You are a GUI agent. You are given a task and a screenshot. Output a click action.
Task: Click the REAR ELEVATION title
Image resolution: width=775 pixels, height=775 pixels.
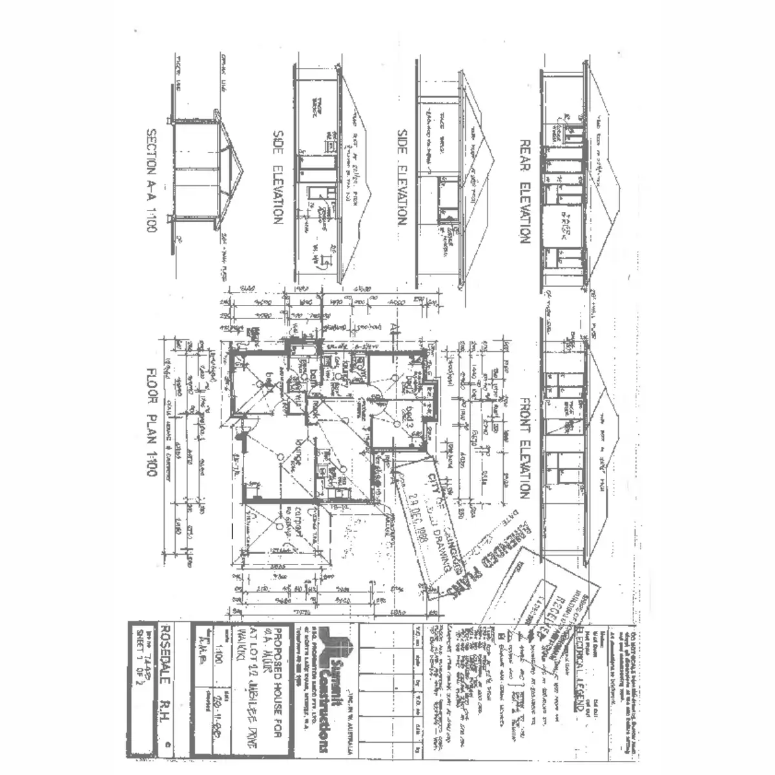coord(524,192)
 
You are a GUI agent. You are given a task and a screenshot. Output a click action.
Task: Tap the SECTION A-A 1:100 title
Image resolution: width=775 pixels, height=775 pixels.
coord(151,181)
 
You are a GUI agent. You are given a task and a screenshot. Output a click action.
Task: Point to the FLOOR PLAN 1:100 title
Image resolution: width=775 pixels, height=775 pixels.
coord(151,422)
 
